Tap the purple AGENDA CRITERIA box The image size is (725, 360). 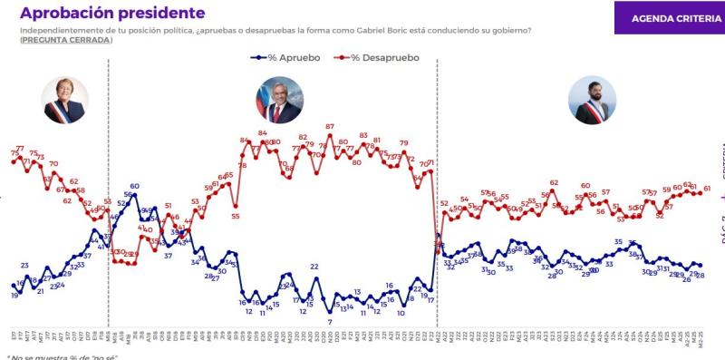click(670, 17)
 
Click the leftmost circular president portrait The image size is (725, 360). click(63, 100)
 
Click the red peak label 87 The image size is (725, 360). click(330, 127)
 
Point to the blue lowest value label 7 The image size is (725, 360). click(330, 322)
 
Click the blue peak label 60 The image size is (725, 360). click(134, 187)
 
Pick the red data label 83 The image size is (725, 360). click(364, 136)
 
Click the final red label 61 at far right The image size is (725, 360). click(706, 189)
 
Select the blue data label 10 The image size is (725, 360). click(401, 313)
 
